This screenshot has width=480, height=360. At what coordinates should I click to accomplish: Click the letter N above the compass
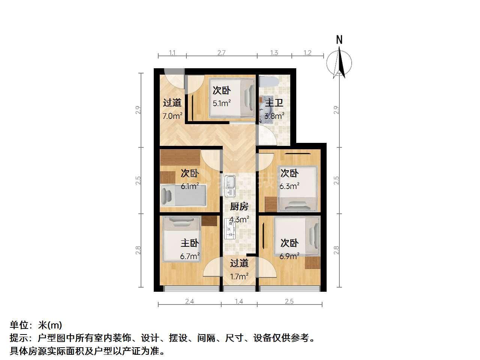(x=339, y=40)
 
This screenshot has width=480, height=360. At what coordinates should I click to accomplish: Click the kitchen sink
(x=230, y=185)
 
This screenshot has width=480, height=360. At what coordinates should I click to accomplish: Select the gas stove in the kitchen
(x=230, y=229)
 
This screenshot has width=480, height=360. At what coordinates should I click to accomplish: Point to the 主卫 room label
(x=274, y=103)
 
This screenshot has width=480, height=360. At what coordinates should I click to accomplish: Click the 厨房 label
(x=239, y=206)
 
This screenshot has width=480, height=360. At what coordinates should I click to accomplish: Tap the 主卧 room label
(x=190, y=243)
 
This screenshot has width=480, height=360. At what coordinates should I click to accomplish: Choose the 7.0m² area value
(x=172, y=116)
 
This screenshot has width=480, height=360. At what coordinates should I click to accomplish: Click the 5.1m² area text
(x=222, y=103)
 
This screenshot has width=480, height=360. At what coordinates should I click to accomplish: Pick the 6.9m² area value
(x=289, y=256)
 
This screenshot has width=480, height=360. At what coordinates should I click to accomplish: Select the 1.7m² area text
(x=239, y=276)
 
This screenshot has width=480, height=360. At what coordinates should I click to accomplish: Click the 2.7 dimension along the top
(x=221, y=52)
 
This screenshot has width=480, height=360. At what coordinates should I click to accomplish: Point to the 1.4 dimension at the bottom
(x=239, y=301)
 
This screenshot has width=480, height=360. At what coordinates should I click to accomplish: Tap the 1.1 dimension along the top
(x=172, y=52)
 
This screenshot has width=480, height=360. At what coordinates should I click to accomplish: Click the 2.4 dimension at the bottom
(x=189, y=301)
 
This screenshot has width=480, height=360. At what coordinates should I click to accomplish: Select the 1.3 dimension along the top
(x=274, y=52)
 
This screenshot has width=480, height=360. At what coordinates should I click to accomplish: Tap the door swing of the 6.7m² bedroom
(x=211, y=267)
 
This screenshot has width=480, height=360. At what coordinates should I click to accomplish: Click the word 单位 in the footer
(x=19, y=325)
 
